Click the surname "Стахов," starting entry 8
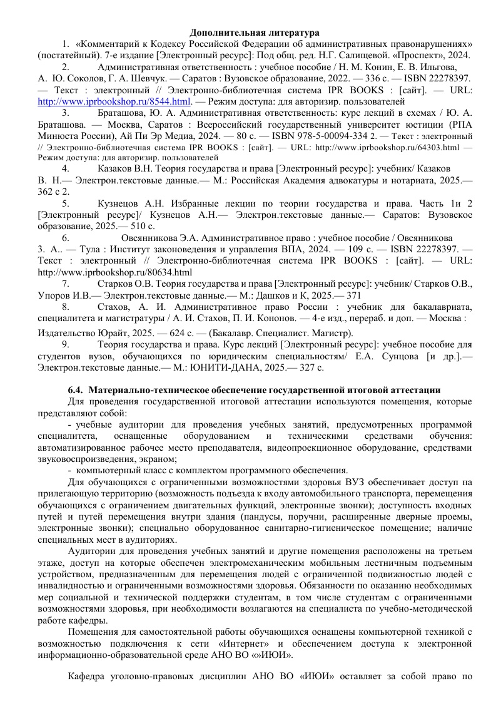coord(114,307)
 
